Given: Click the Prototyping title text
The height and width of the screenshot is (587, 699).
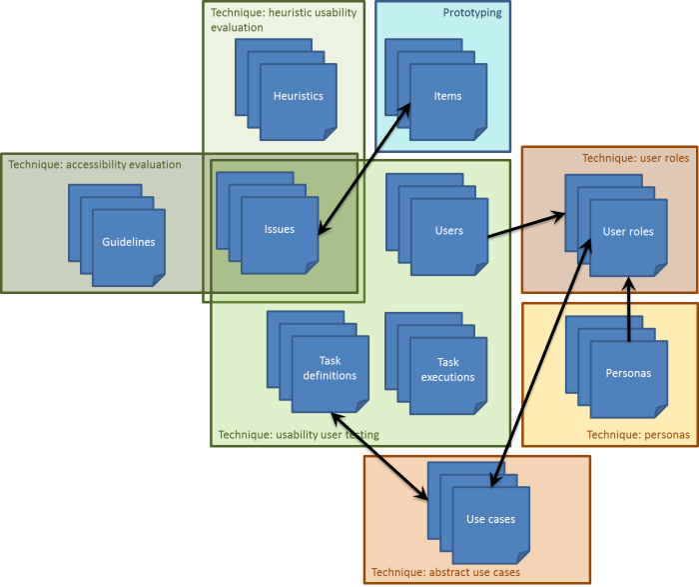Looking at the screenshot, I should [x=472, y=13].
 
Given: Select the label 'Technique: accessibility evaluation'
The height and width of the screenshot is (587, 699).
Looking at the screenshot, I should [x=95, y=164].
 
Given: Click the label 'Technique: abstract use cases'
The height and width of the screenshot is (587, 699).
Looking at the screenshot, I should [x=445, y=573].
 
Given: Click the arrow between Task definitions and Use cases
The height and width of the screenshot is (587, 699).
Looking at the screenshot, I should [x=379, y=456].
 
